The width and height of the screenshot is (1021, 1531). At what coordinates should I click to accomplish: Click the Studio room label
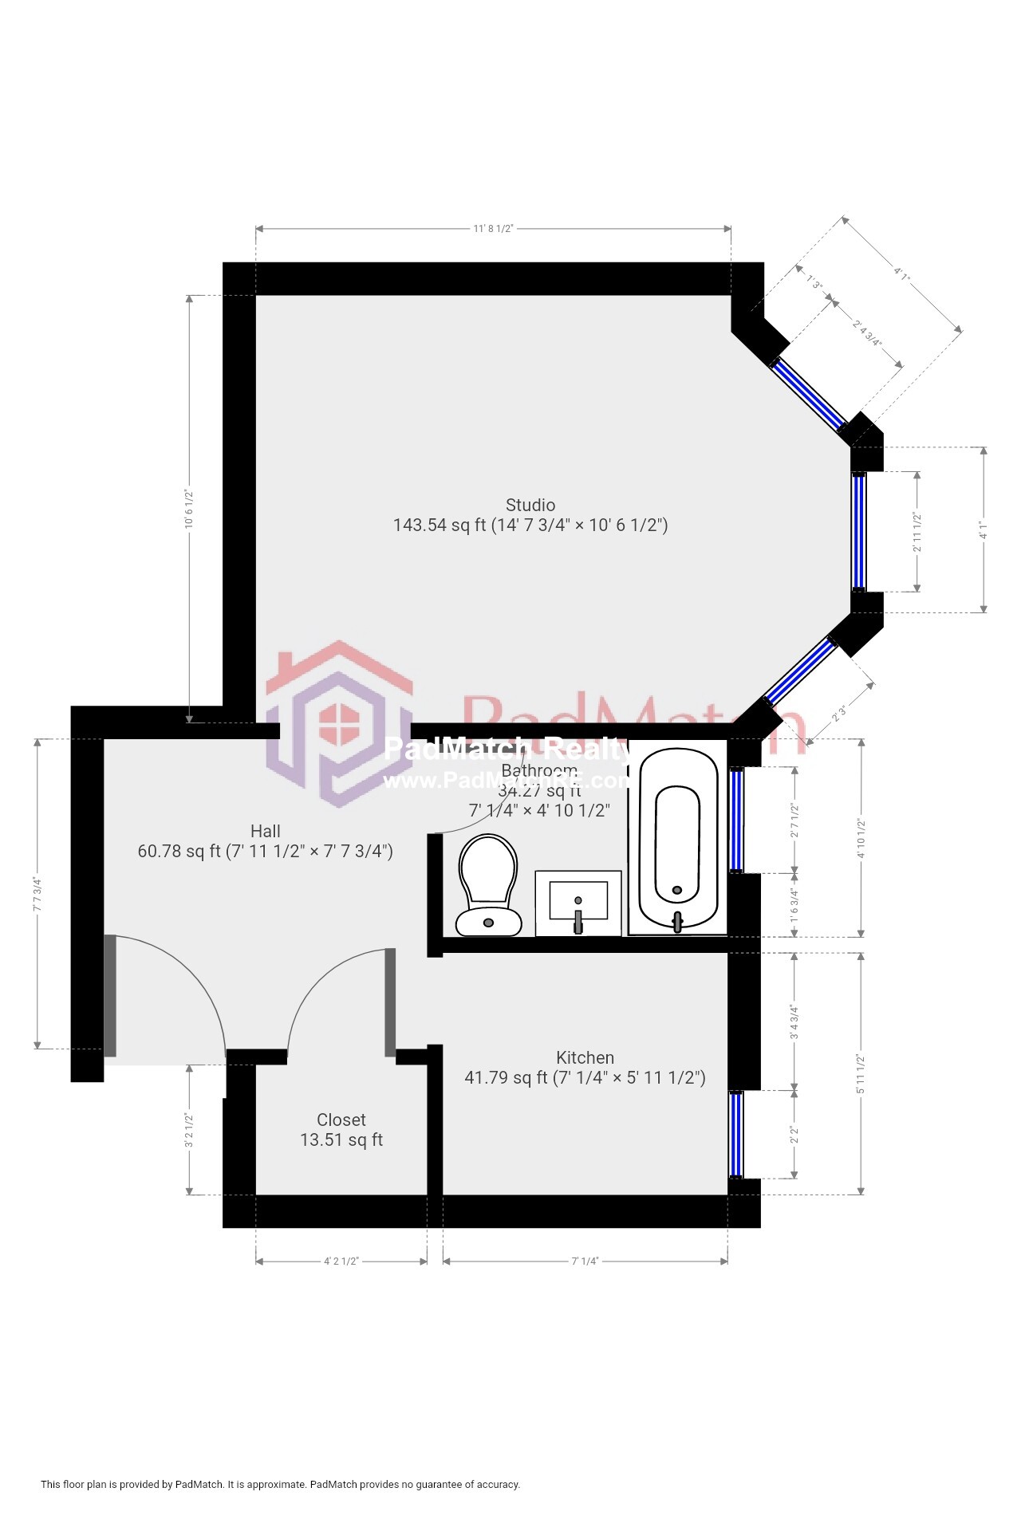(x=530, y=506)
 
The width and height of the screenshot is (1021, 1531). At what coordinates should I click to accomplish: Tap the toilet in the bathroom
(x=488, y=885)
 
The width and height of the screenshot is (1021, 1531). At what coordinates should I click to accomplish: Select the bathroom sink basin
(x=578, y=901)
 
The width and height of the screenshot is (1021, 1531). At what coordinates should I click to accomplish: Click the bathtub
(x=678, y=837)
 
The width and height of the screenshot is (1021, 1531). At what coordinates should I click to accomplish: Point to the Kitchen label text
(x=585, y=1058)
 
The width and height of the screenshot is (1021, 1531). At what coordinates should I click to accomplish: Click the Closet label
(x=341, y=1120)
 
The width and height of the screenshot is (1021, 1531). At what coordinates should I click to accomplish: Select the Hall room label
(x=266, y=832)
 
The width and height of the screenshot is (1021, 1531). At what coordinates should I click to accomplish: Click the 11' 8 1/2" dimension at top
(x=492, y=229)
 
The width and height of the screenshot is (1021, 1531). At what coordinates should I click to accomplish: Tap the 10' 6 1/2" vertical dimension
(x=190, y=509)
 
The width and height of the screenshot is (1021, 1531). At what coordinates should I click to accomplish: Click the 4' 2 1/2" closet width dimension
(x=341, y=1261)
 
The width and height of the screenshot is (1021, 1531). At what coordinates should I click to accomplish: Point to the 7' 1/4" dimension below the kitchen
(x=585, y=1261)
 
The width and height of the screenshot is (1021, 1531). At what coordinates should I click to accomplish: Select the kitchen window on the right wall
(x=736, y=1135)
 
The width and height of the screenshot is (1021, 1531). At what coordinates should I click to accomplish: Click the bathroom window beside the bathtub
(x=736, y=820)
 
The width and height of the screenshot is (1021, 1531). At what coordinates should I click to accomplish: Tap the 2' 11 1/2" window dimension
(x=917, y=533)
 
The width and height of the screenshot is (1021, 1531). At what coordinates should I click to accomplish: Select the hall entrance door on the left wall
(x=110, y=995)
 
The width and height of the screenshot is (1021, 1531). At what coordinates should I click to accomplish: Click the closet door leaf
(x=390, y=1002)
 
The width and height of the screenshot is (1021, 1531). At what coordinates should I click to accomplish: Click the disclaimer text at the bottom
(x=281, y=1485)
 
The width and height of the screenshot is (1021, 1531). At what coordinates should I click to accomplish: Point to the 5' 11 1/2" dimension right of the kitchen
(x=861, y=1073)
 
